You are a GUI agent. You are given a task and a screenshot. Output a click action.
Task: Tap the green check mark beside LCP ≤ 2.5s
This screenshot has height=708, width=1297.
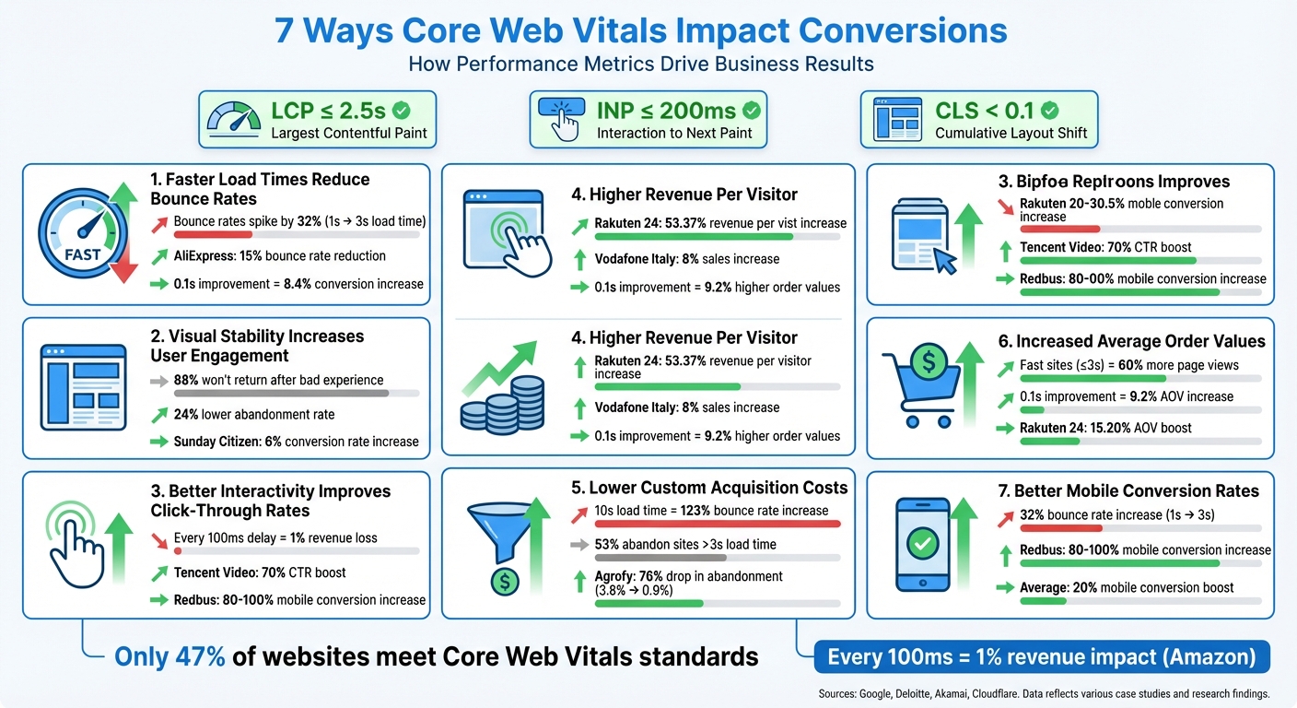tap(402, 112)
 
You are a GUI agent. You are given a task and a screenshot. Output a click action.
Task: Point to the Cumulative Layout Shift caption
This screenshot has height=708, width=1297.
tap(1011, 133)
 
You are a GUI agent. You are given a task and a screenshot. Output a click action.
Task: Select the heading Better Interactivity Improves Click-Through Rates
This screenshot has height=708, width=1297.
tap(271, 501)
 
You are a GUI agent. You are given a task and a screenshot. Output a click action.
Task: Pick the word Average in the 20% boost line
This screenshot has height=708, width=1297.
tap(1045, 587)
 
